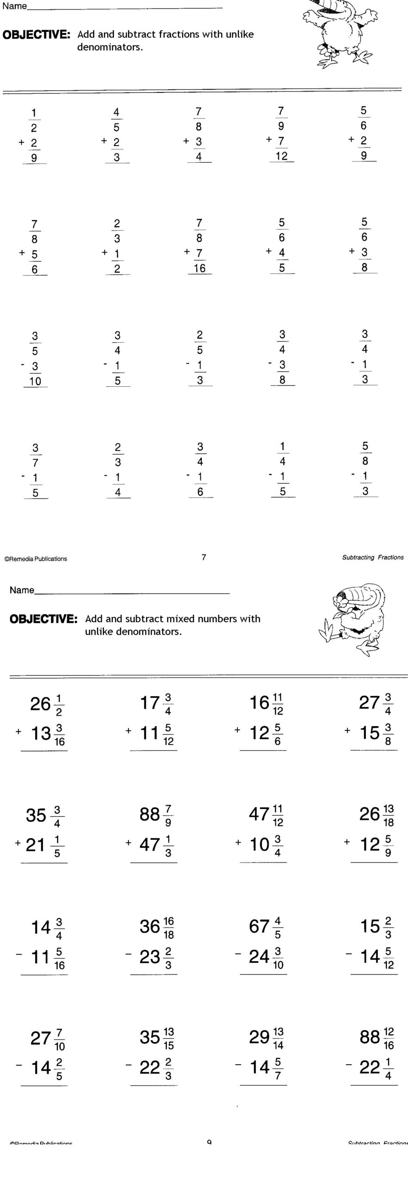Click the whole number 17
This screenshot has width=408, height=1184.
(x=149, y=703)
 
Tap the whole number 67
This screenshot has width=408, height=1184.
(x=259, y=926)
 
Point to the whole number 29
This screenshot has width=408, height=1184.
(x=259, y=1037)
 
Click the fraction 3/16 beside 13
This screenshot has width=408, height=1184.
(x=59, y=735)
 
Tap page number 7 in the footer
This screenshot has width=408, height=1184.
(x=204, y=557)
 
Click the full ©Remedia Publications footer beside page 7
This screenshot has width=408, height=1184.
(x=36, y=559)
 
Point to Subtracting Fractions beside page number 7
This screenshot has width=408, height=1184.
(x=372, y=557)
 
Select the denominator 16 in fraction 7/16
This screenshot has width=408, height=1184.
(x=200, y=268)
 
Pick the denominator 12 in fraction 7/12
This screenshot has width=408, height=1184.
(x=282, y=156)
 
